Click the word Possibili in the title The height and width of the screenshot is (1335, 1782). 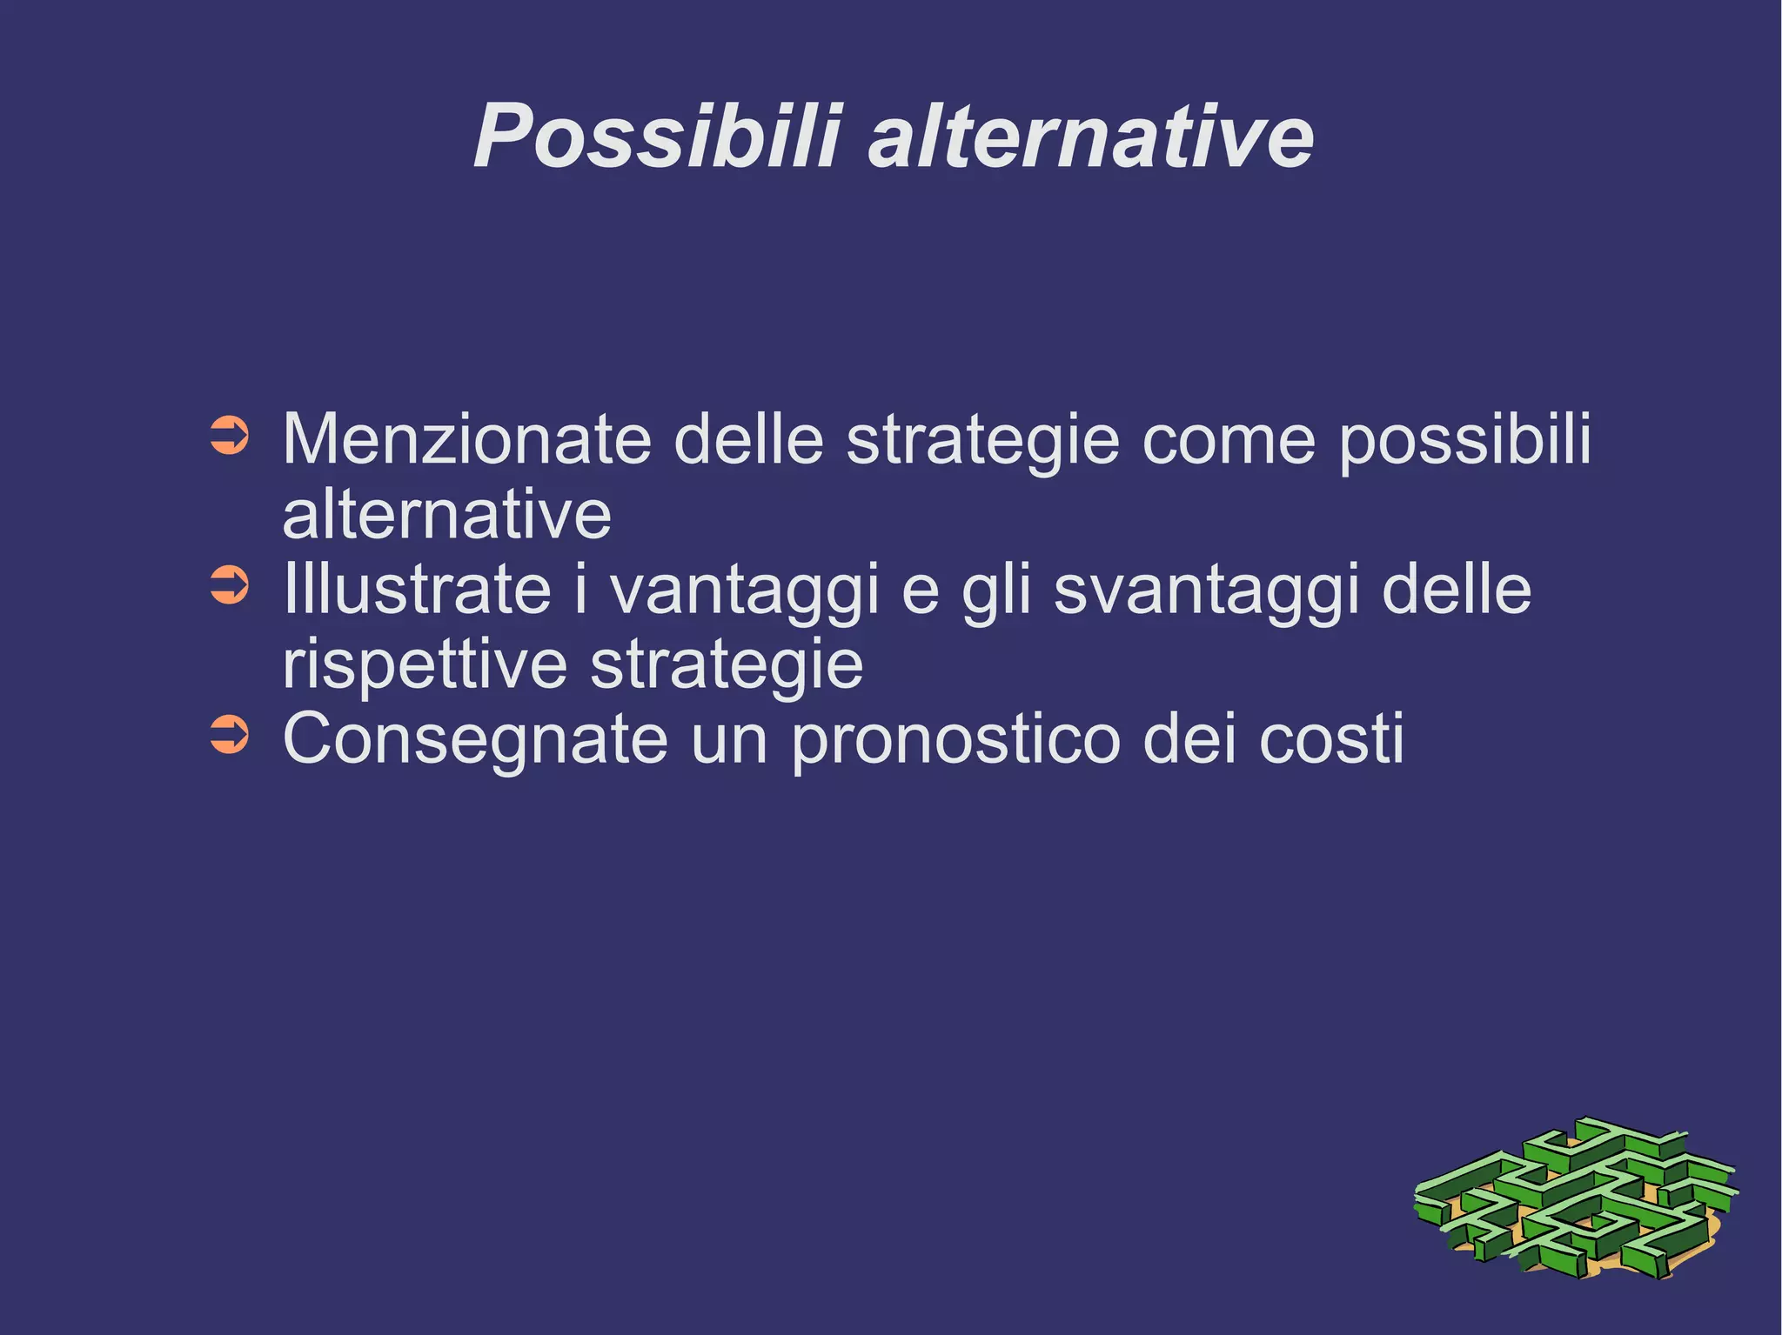pyautogui.click(x=657, y=137)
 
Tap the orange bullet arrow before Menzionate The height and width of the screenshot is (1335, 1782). pyautogui.click(x=230, y=437)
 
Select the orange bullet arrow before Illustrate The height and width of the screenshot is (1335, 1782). pyautogui.click(x=230, y=585)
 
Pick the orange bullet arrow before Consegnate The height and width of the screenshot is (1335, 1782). pyautogui.click(x=230, y=735)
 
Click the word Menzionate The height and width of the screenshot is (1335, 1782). pyautogui.click(x=466, y=439)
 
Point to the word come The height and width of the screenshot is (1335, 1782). pyautogui.click(x=1228, y=439)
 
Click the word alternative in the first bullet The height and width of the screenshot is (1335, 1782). pyautogui.click(x=446, y=515)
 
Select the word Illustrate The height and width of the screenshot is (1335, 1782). pyautogui.click(x=417, y=589)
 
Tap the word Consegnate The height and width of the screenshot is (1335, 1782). pyautogui.click(x=475, y=740)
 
